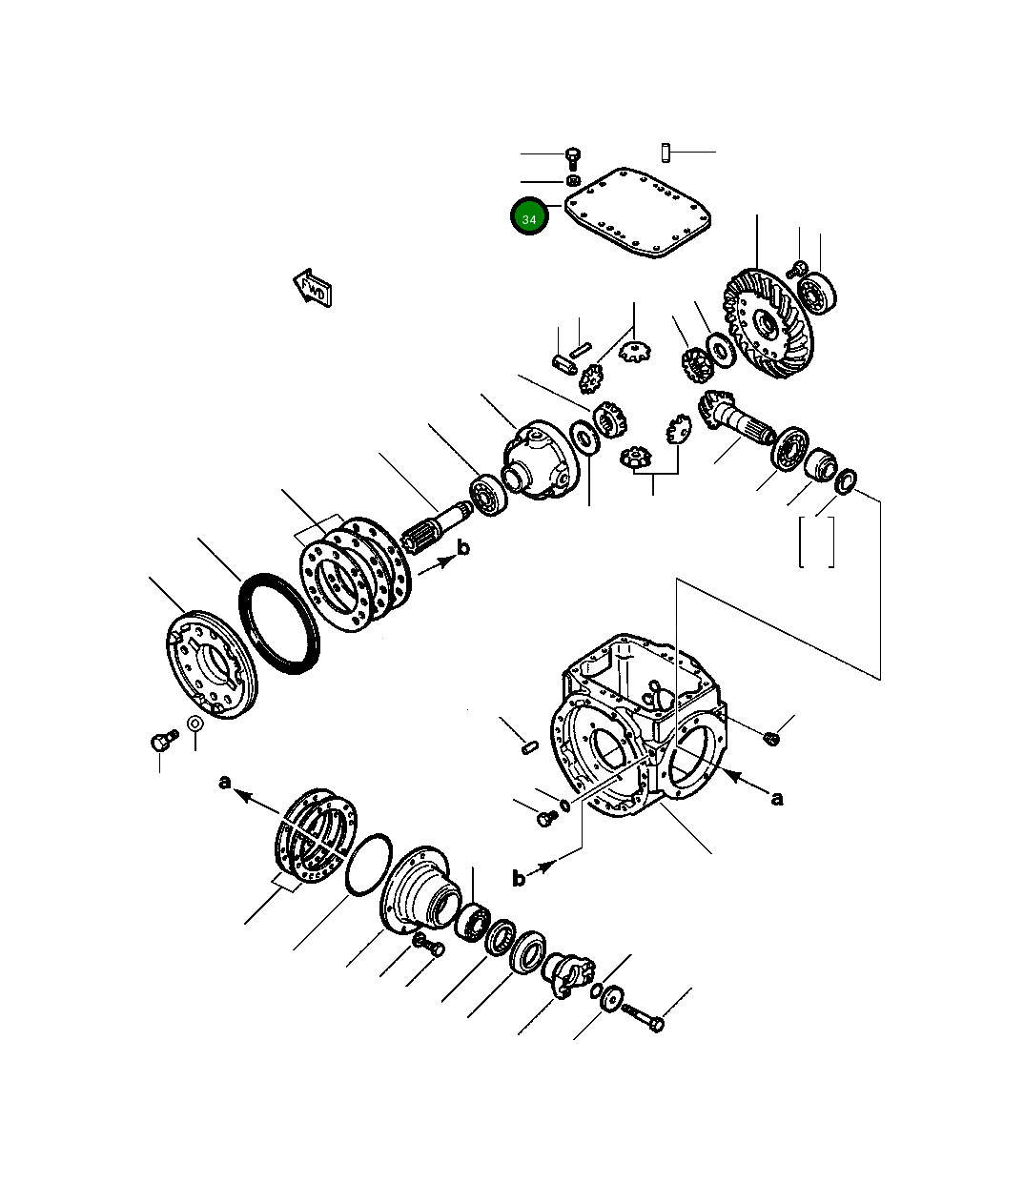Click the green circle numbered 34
pos(529,217)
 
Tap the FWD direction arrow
pos(312,288)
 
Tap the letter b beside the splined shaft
pos(463,548)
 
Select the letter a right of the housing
pos(777,798)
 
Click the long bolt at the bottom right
pos(644,1017)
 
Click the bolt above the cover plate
pos(572,156)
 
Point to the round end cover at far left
pos(211,663)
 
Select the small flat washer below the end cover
pos(195,724)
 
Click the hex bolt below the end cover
pos(161,739)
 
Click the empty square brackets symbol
pos(817,541)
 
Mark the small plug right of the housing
pos(771,736)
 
